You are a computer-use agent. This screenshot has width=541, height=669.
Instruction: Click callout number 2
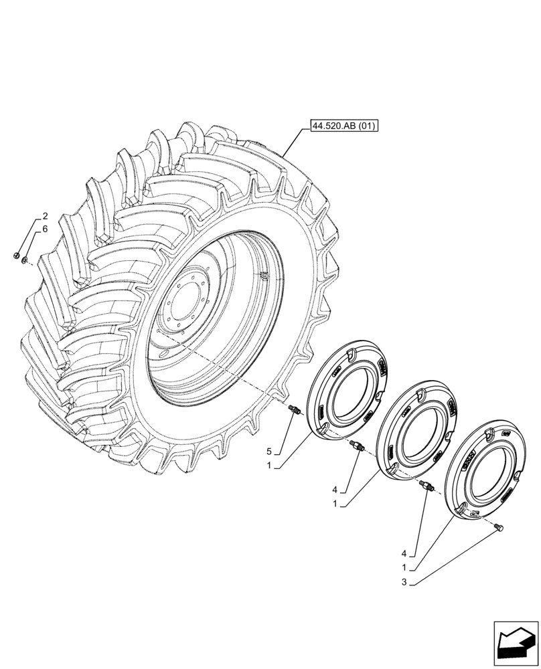coord(45,216)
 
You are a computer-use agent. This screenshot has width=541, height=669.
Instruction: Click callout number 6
coord(45,229)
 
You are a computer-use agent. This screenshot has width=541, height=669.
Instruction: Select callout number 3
coord(404,582)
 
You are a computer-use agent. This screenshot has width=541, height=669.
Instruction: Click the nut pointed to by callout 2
coord(16,254)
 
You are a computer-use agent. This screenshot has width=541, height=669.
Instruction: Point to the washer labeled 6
coord(25,259)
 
